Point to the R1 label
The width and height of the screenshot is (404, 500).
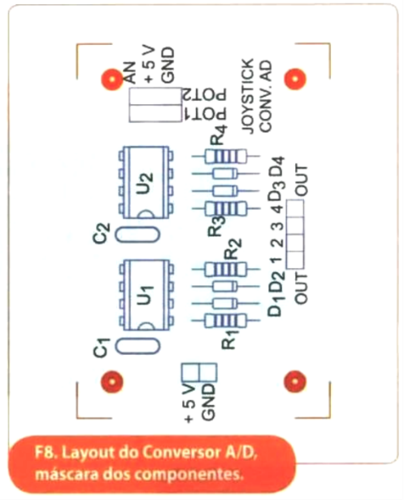click(229, 340)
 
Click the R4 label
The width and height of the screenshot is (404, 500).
click(220, 135)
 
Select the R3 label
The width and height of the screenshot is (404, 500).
click(216, 226)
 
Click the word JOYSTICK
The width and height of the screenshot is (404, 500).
click(248, 96)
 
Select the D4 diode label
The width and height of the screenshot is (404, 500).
click(276, 166)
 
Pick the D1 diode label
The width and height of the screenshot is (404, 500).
click(276, 306)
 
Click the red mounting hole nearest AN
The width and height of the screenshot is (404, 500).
click(112, 79)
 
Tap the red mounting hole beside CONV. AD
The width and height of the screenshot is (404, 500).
click(295, 78)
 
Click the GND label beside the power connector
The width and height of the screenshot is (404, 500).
click(209, 402)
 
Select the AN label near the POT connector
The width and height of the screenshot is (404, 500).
click(130, 73)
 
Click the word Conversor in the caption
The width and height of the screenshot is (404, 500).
click(171, 452)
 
